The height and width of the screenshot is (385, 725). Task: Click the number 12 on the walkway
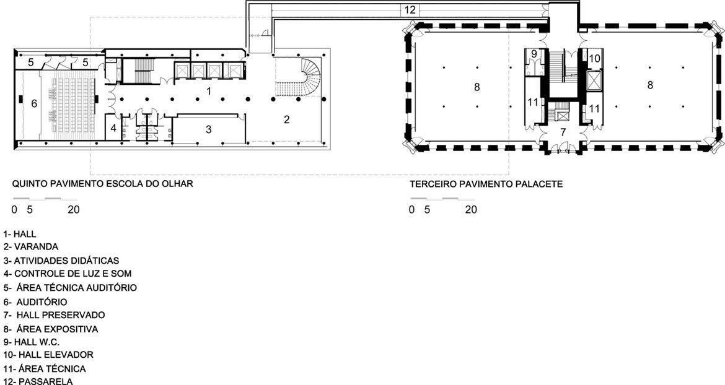[x=410, y=10]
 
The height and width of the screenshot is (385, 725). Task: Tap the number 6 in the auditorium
[x=33, y=104]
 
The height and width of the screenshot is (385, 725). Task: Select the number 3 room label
[x=209, y=130]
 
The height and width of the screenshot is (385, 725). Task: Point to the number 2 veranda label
[x=287, y=119]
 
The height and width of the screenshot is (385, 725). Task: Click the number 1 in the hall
[x=209, y=92]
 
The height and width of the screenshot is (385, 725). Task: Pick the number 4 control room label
[x=113, y=128]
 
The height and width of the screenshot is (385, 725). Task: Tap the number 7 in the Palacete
[x=563, y=132]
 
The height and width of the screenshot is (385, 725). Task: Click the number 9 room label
[x=534, y=54]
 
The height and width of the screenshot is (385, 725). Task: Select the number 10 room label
[x=595, y=59]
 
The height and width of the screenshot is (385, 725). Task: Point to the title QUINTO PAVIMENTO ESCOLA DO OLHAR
[x=102, y=184]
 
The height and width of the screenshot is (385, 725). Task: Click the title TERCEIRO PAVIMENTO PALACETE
[x=486, y=184]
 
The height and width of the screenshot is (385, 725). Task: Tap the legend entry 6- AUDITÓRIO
[x=35, y=302]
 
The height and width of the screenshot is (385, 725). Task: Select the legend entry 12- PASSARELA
[x=38, y=381]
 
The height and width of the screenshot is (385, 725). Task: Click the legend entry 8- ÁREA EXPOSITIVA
[x=51, y=329]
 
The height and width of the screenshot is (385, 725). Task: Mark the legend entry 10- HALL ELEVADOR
[x=48, y=355]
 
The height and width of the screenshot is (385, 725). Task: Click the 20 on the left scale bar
[x=74, y=210]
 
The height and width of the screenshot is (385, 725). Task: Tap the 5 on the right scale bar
[x=427, y=210]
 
